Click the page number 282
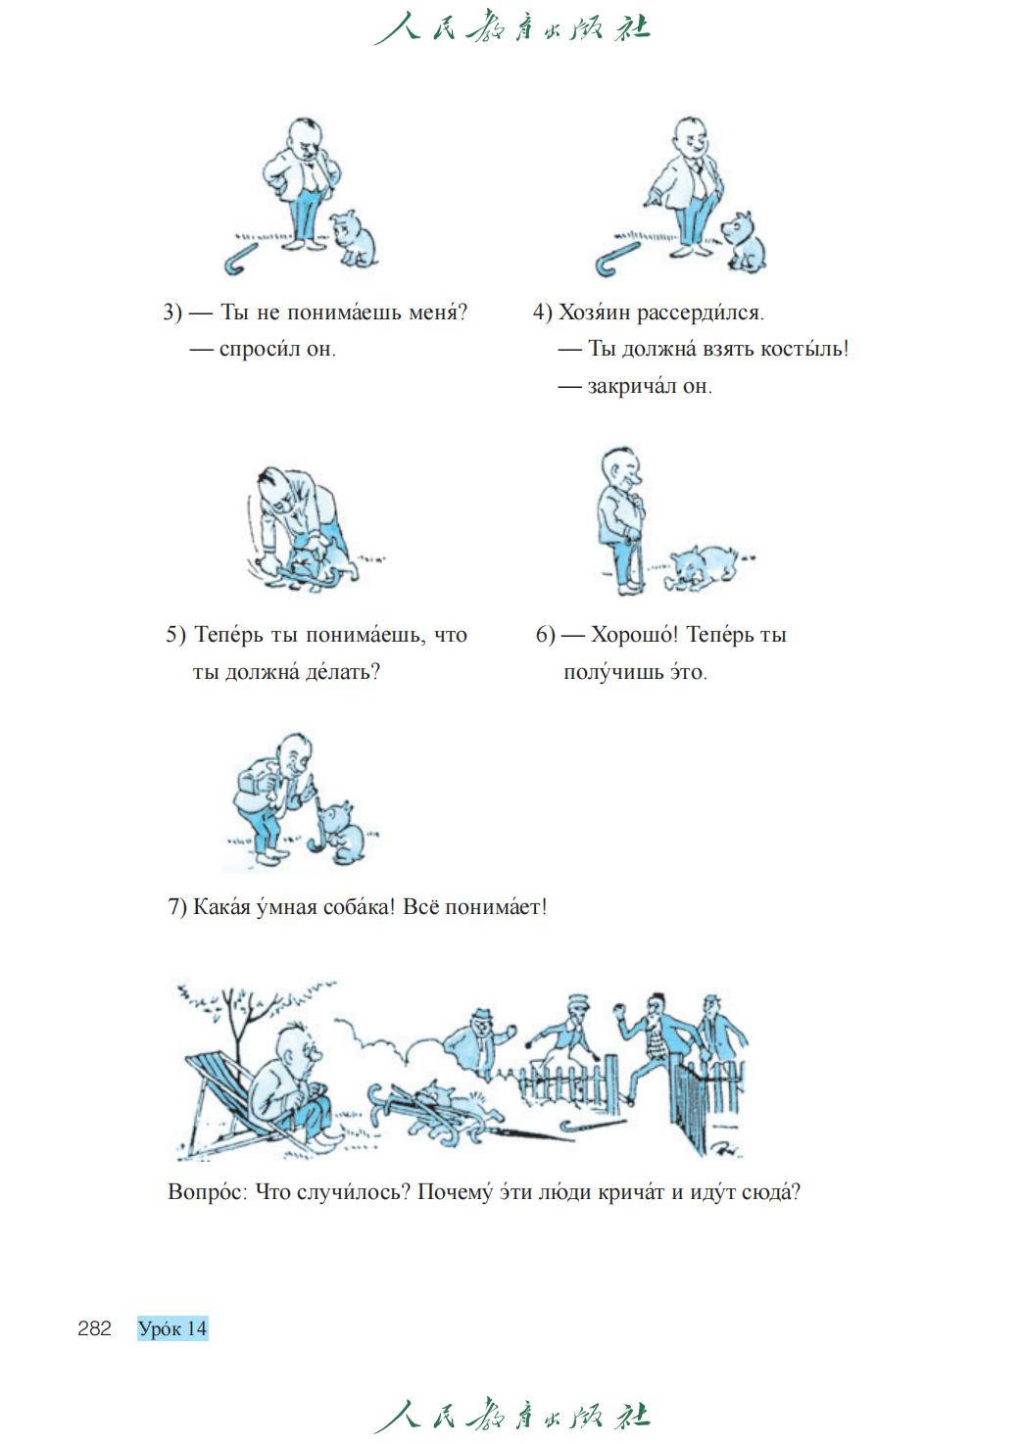coord(94,1328)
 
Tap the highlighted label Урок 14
coord(172,1328)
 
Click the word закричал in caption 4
coord(631,386)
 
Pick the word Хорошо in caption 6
coord(635,635)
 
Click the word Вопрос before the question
coord(208,1191)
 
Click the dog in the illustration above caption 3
coord(354,238)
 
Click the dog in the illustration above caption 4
coord(745,241)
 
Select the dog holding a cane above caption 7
coord(342,832)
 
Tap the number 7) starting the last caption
coord(177,907)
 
